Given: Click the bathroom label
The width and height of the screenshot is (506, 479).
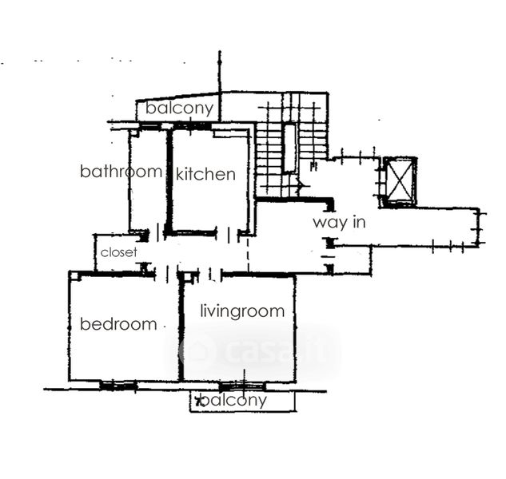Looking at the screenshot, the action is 121,172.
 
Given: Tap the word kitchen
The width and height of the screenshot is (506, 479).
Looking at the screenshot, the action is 205,174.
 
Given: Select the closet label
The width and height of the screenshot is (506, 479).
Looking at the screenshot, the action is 118,252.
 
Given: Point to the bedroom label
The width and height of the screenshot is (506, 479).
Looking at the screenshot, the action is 118,324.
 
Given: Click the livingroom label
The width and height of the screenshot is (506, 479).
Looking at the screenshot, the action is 241,311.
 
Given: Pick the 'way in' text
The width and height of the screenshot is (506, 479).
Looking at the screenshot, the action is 338,222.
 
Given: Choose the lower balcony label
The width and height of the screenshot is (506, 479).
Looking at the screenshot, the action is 233,400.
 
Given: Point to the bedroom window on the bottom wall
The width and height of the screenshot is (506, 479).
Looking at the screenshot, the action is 118,386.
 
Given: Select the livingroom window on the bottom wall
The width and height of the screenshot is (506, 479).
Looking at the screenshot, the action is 242,386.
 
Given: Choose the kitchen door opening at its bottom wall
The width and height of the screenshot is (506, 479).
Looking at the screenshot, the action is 229,234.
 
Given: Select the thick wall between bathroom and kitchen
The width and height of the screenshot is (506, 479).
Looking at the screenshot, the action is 168,180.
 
